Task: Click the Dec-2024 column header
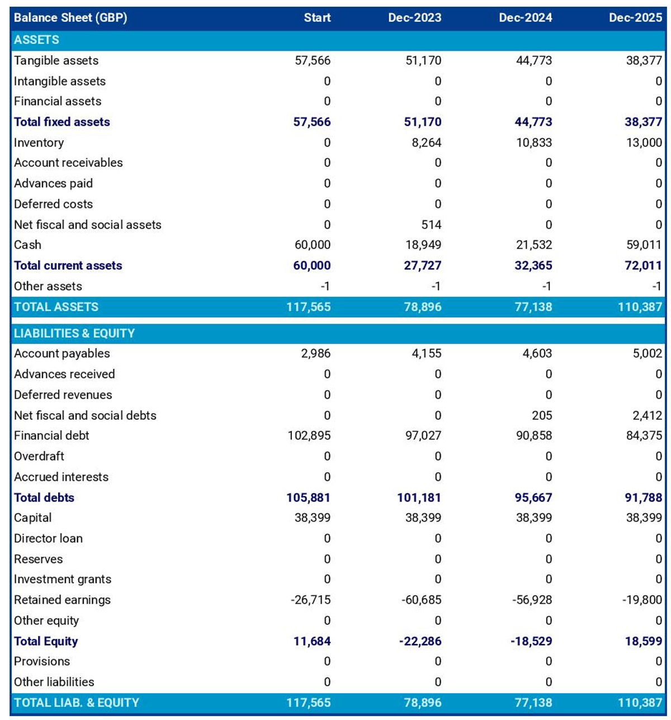(525, 17)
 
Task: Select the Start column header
(317, 17)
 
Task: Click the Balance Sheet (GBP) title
(70, 17)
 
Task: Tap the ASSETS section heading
(36, 40)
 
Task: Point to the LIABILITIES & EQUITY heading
(74, 333)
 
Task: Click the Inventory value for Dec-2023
(426, 143)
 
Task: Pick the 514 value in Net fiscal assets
(431, 225)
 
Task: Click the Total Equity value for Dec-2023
(420, 641)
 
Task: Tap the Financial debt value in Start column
(309, 435)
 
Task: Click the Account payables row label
(62, 353)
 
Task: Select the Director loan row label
(48, 538)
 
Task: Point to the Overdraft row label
(39, 456)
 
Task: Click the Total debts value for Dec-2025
(643, 498)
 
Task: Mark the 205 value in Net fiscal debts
(542, 415)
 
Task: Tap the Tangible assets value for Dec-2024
(533, 60)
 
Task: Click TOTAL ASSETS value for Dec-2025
(640, 307)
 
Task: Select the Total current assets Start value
(312, 266)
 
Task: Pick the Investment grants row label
(63, 579)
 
